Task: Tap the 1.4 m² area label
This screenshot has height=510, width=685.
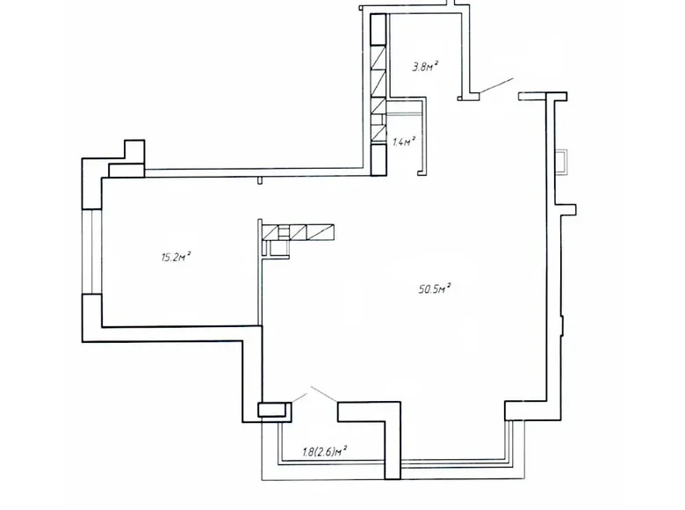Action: [x=404, y=140]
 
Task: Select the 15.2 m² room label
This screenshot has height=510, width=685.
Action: [x=177, y=257]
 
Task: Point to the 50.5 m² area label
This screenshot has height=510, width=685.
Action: [x=436, y=287]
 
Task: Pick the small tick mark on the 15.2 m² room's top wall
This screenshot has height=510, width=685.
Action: [x=260, y=181]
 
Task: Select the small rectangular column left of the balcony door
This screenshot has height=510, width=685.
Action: [x=272, y=409]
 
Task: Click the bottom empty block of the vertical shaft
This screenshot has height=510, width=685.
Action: [x=378, y=158]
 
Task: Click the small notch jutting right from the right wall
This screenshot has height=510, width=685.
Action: [x=568, y=208]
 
